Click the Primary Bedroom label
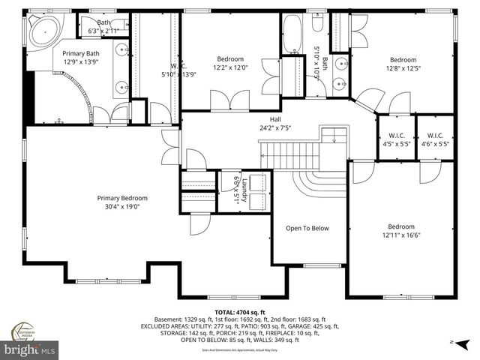point(122,198)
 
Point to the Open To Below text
point(307,228)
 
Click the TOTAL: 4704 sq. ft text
point(240,312)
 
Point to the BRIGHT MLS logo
point(30,349)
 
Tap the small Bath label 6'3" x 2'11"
point(103,27)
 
